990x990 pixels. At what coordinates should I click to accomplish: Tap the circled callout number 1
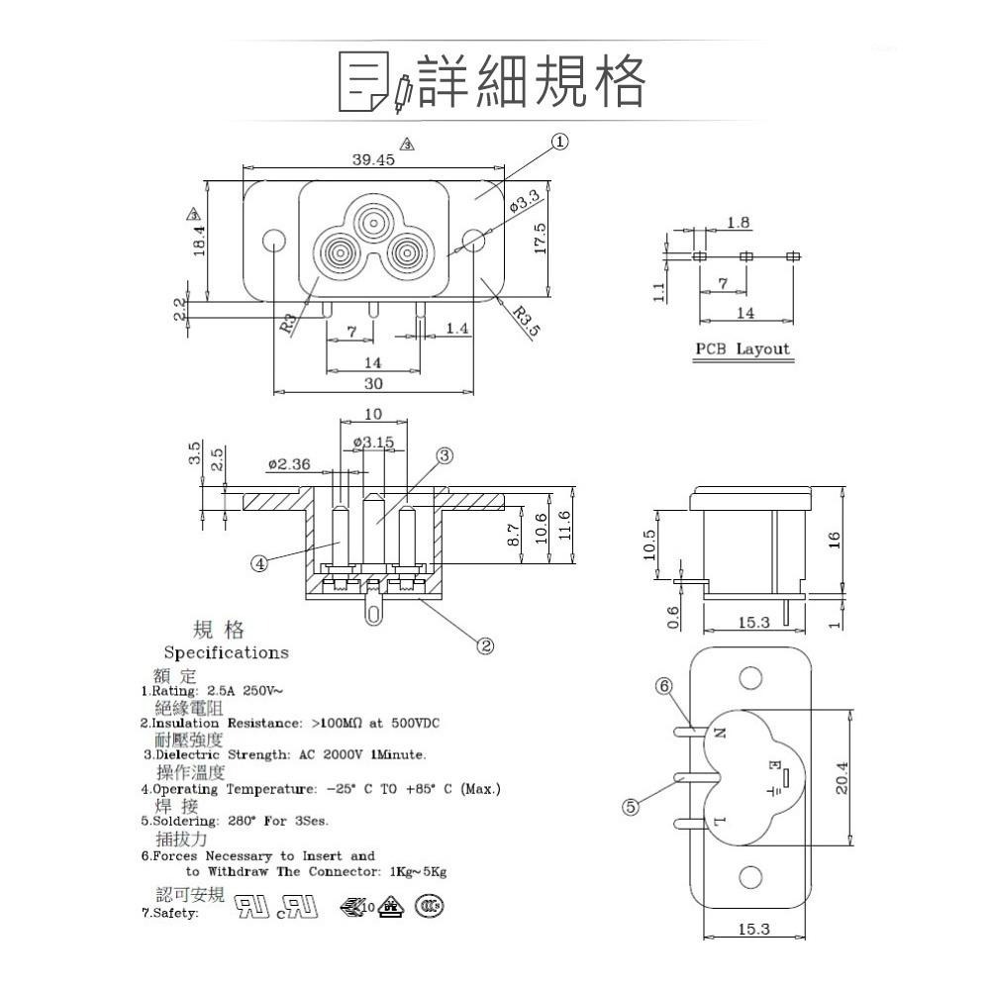point(560,142)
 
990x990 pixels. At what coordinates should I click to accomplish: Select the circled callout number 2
point(485,646)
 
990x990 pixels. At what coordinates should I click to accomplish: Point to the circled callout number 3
point(445,455)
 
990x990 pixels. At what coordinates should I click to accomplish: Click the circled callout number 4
point(259,563)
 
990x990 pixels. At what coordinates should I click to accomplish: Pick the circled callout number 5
point(631,806)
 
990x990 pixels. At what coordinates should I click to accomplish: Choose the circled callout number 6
point(663,685)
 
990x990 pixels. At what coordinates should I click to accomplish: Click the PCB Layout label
point(742,348)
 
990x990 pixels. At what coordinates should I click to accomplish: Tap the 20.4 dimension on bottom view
point(868,777)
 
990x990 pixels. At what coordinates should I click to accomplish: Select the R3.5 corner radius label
point(527,322)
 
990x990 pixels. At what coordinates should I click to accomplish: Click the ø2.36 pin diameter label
point(289,463)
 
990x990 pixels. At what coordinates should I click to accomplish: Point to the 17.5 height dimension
point(540,239)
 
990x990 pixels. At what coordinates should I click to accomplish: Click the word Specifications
point(226,652)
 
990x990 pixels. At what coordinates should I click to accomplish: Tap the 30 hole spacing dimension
point(372,383)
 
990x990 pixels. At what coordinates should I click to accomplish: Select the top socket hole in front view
point(373,220)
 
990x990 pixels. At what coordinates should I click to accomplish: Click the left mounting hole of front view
point(271,240)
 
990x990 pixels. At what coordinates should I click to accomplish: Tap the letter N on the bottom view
point(720,734)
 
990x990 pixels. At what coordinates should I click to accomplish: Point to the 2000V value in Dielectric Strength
point(341,755)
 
